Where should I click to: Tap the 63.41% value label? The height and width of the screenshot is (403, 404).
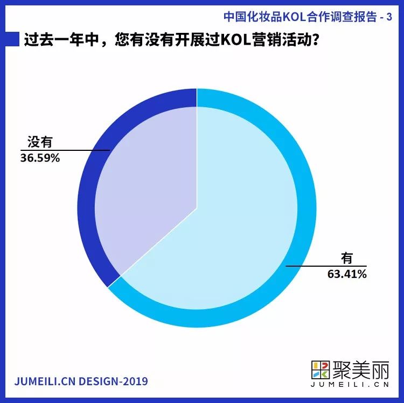(x=347, y=274)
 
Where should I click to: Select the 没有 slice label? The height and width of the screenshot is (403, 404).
(x=40, y=143)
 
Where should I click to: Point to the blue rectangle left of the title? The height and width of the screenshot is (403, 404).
(x=12, y=40)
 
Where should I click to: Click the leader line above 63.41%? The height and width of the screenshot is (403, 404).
(x=323, y=266)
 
